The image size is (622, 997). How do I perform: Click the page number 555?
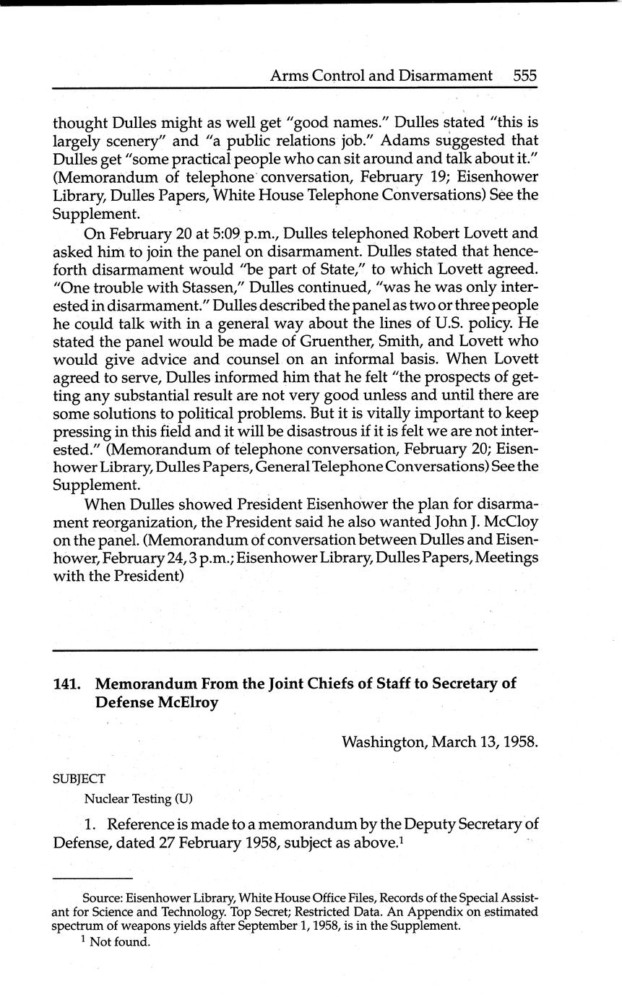[525, 75]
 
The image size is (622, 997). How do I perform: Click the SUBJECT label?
[79, 779]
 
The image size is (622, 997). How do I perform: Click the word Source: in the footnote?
[103, 898]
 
